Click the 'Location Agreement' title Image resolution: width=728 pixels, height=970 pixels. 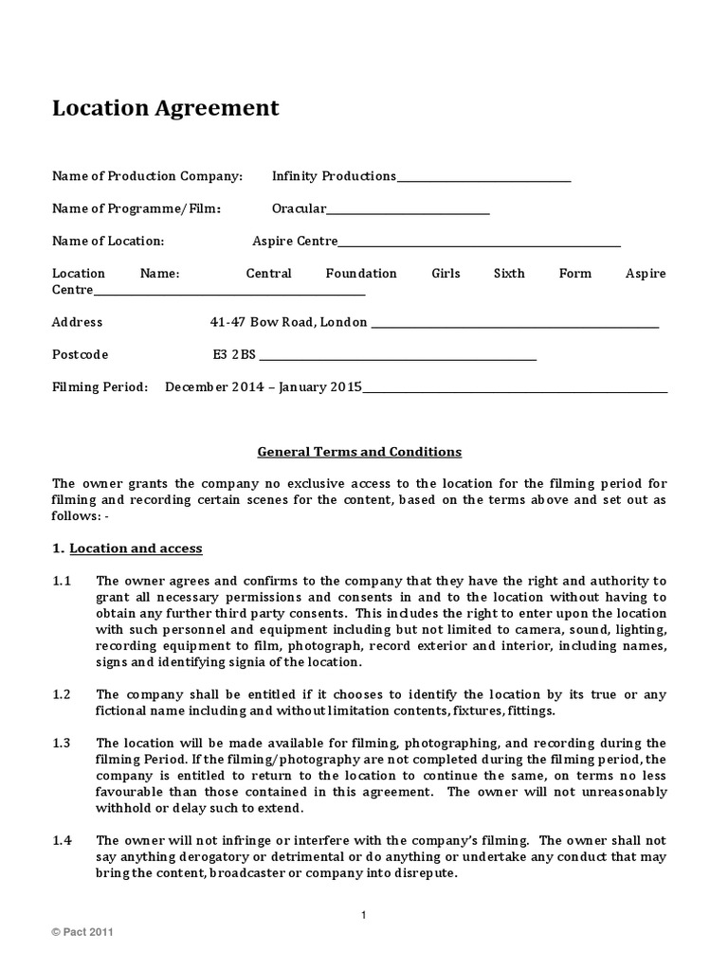coord(165,108)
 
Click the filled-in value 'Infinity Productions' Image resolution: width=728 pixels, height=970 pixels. coord(334,176)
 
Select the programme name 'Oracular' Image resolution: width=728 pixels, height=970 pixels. coord(299,208)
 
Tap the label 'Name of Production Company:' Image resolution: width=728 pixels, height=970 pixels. coord(147,176)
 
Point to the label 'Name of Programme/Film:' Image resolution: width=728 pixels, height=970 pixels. coord(136,208)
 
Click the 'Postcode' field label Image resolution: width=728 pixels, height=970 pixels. coord(80,354)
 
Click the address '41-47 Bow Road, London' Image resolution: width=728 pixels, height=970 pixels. coord(288,322)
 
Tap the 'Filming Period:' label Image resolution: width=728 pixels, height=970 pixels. coord(100,386)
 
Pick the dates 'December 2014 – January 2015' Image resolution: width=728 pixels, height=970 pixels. coord(264,386)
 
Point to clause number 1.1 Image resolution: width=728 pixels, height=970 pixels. coord(62,581)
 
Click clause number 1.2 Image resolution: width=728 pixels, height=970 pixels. coord(62,694)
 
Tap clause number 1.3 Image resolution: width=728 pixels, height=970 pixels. coord(62,743)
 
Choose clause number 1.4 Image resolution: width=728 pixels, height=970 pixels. coord(62,840)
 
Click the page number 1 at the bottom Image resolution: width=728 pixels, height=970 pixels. coord(363,914)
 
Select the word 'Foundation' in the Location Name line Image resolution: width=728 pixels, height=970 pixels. coord(361,274)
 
